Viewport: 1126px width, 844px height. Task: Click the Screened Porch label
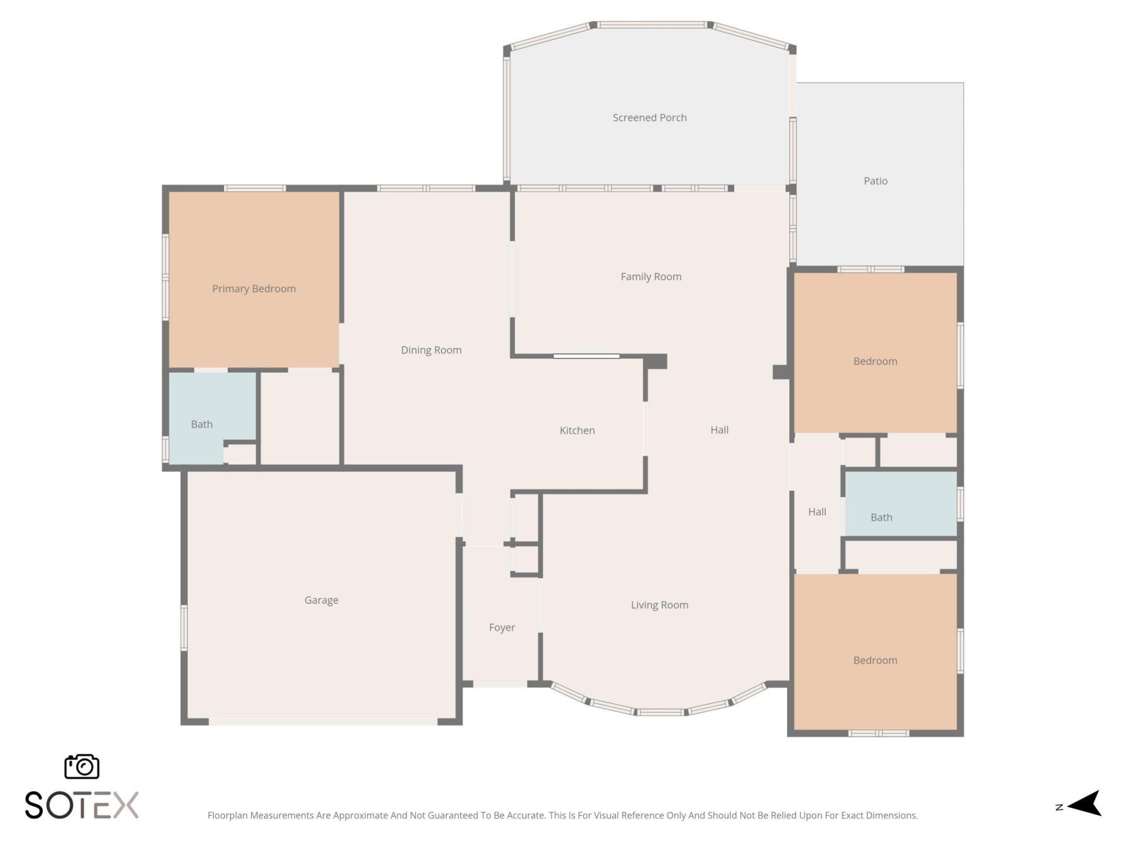(x=649, y=118)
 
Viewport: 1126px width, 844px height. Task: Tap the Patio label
(x=875, y=181)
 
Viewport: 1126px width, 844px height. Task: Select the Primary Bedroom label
(x=253, y=288)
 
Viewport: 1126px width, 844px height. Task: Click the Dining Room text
(x=431, y=350)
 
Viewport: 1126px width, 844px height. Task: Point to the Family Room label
(x=651, y=277)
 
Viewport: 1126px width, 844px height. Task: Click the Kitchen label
(x=577, y=430)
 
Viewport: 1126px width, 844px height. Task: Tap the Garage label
(x=321, y=600)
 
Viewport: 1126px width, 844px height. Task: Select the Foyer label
(x=501, y=628)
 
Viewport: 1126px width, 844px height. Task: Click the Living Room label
(x=659, y=605)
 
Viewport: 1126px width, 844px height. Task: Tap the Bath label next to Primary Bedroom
(x=202, y=424)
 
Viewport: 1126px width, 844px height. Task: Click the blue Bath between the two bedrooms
(x=881, y=518)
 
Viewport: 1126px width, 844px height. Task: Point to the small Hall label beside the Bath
(x=817, y=512)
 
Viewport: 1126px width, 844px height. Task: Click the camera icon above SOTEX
(x=82, y=767)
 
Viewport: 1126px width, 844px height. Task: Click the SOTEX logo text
(x=82, y=805)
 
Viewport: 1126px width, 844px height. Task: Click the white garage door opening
(x=323, y=722)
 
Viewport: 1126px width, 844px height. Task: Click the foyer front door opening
(x=500, y=684)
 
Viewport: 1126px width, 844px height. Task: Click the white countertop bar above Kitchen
(x=586, y=356)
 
